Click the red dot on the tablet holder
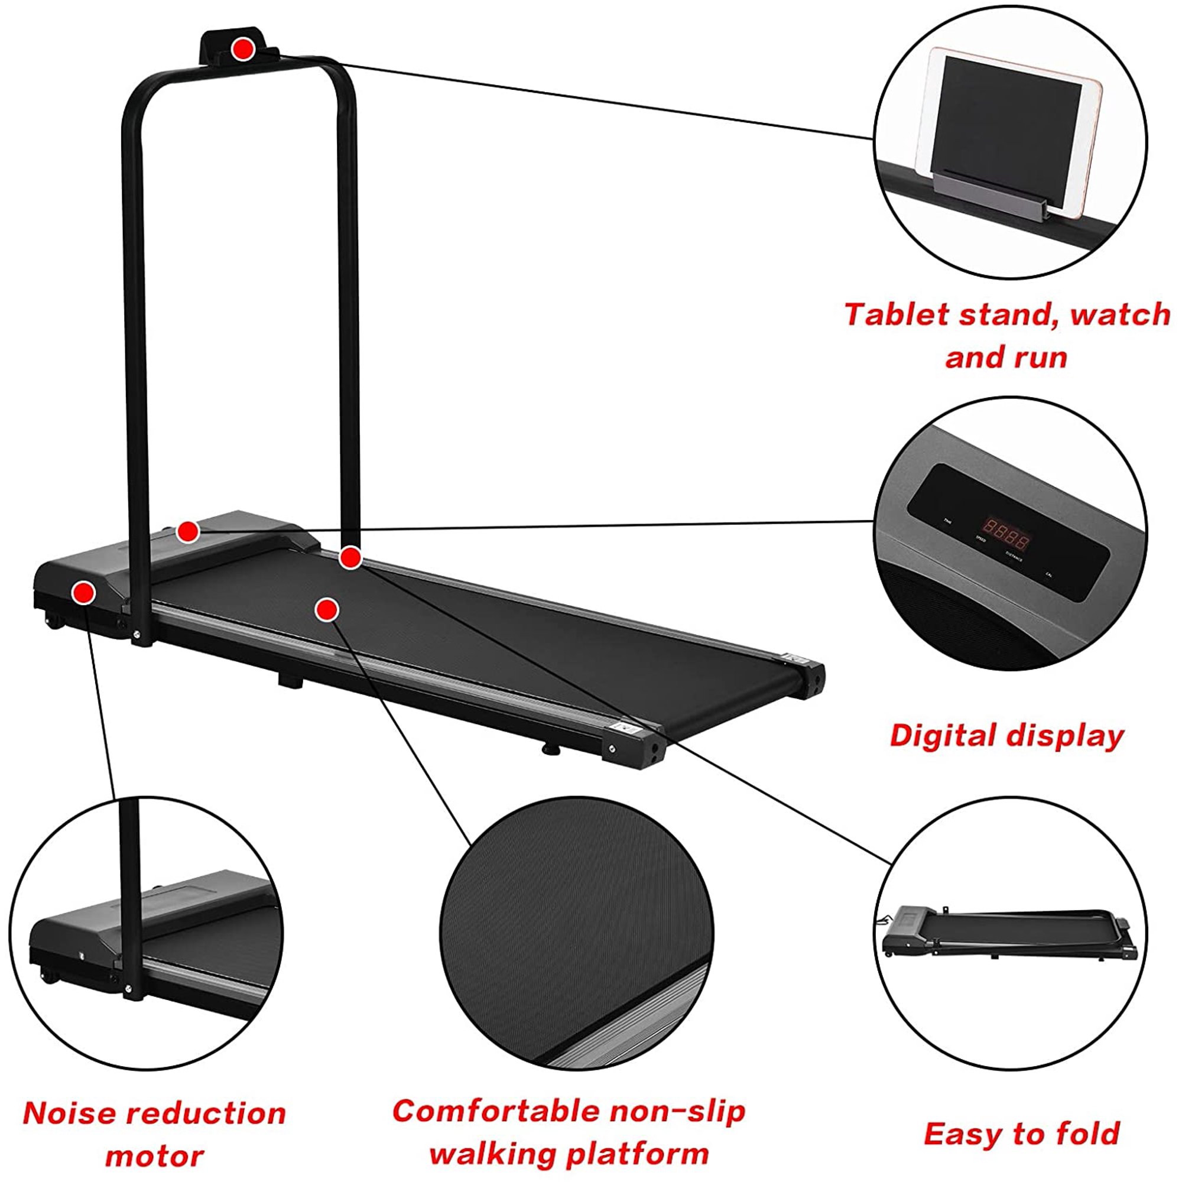click(243, 49)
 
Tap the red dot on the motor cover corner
click(83, 592)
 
